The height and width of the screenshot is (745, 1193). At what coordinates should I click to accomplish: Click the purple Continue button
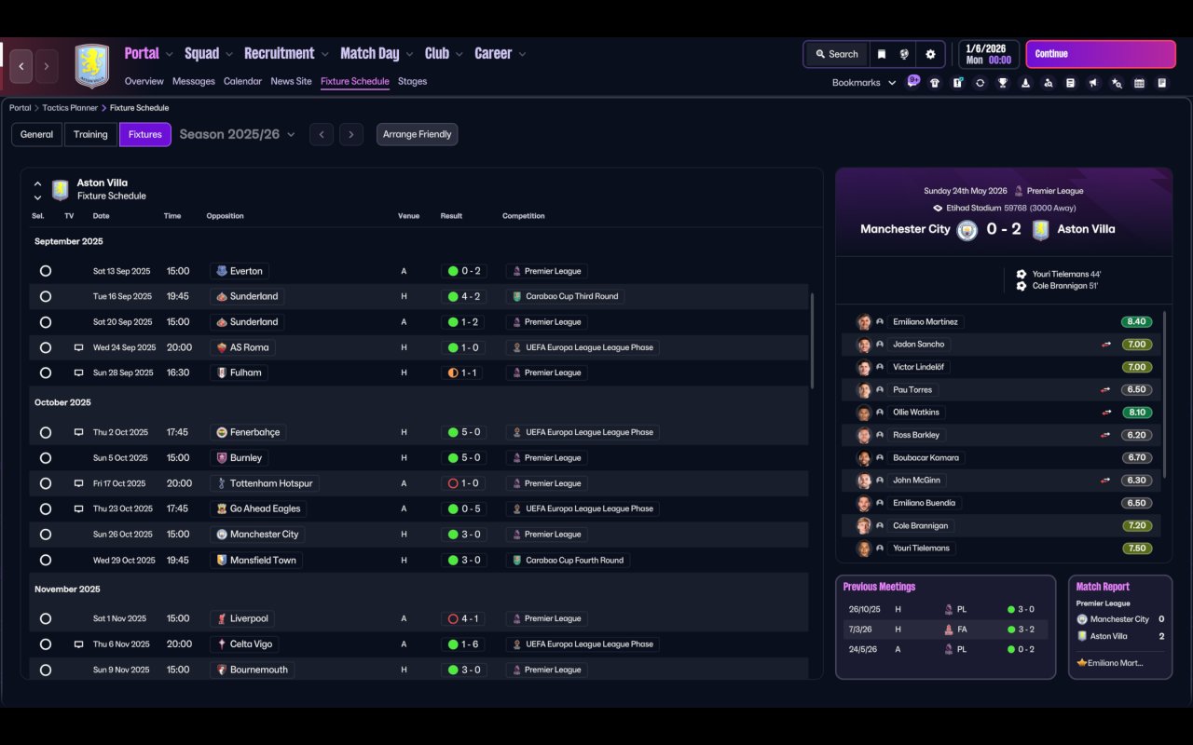1100,54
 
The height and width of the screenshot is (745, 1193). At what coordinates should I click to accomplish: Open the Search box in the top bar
835,54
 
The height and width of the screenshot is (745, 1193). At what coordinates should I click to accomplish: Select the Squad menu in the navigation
202,54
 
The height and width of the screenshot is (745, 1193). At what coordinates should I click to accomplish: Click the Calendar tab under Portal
242,81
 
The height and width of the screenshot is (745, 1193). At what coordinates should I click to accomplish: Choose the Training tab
90,134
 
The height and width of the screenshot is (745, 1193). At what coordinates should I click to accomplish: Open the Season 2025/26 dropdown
237,134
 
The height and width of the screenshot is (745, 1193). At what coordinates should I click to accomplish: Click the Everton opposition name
246,271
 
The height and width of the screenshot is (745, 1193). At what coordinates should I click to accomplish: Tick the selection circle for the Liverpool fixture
46,618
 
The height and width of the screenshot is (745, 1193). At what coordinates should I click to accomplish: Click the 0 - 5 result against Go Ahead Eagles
464,508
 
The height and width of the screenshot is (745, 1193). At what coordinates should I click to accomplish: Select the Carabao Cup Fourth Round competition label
574,560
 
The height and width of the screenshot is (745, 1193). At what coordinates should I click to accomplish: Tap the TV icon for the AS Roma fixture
79,347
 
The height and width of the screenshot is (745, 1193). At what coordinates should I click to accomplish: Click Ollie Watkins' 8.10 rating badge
1136,412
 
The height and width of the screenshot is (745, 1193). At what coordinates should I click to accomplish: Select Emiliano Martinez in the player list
925,321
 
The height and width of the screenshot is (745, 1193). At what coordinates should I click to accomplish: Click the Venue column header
408,216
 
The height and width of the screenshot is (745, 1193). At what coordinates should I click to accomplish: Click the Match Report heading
1103,587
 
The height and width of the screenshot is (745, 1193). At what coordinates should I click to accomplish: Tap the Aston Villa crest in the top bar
92,66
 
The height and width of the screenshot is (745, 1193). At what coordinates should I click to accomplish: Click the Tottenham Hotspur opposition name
272,483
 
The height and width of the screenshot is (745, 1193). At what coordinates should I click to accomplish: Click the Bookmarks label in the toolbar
856,83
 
